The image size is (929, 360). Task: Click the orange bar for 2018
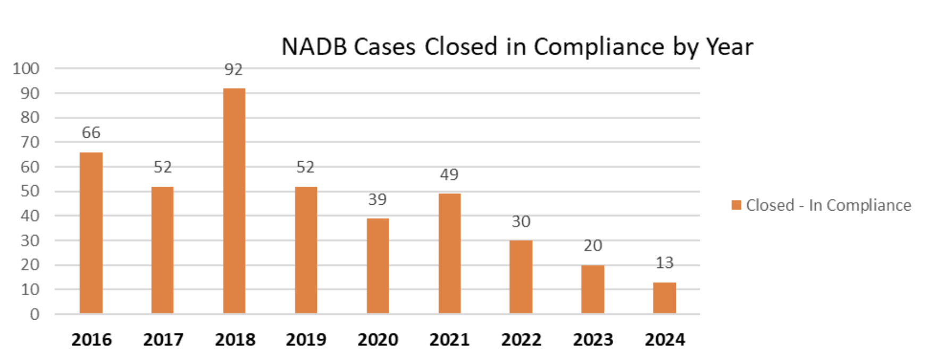(x=234, y=201)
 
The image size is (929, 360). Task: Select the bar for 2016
(x=91, y=233)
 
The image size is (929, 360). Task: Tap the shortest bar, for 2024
(x=664, y=298)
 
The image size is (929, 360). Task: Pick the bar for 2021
(x=449, y=253)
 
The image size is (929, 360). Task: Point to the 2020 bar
(x=378, y=265)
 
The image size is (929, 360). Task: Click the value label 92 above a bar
(x=233, y=70)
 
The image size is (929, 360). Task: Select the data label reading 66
(x=91, y=132)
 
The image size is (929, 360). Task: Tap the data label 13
(x=664, y=263)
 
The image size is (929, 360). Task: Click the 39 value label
(x=378, y=199)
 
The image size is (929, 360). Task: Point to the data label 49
(x=449, y=174)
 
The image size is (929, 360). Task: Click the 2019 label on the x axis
(x=306, y=339)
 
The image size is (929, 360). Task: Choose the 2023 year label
(x=593, y=339)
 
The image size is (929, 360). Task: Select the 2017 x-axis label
(x=163, y=339)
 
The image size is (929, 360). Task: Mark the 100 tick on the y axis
(x=26, y=69)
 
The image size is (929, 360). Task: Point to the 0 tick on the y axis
(x=35, y=314)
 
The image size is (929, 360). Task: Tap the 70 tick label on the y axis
(x=30, y=142)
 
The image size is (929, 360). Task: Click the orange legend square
(x=736, y=205)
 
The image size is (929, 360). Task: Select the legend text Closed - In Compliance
(x=828, y=205)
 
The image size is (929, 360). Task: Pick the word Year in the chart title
(x=730, y=47)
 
